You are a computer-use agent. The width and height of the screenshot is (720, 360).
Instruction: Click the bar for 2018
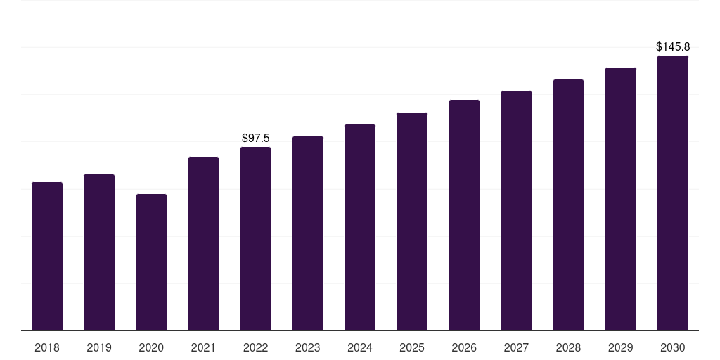[47, 256]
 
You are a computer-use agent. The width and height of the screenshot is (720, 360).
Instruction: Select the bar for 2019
[99, 252]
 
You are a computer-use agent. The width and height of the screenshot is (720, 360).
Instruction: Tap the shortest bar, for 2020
[152, 262]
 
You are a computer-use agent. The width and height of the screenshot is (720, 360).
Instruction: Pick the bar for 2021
[203, 244]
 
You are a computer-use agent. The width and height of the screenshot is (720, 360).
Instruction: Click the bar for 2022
[255, 239]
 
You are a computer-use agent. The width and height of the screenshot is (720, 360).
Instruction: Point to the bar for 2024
[360, 227]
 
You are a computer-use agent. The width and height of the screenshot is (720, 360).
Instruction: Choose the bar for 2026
[464, 215]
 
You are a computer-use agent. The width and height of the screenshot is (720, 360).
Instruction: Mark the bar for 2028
[568, 205]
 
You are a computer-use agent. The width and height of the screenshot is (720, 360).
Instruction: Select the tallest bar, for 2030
[673, 193]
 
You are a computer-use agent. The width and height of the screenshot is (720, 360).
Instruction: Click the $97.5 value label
[256, 139]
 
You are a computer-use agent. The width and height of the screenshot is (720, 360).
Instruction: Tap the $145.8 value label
[673, 47]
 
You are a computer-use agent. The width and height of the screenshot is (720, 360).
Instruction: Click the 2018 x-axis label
[47, 348]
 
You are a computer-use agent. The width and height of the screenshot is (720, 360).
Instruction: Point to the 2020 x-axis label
[151, 348]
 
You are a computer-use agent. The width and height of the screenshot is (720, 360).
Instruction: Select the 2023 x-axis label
[308, 348]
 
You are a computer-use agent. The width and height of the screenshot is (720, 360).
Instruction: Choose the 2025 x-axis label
[412, 348]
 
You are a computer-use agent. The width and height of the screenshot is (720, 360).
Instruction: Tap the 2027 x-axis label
[516, 348]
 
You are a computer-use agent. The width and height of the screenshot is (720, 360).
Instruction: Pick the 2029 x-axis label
[621, 348]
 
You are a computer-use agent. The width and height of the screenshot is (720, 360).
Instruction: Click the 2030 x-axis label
[673, 348]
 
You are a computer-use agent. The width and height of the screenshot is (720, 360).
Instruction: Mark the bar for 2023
[308, 233]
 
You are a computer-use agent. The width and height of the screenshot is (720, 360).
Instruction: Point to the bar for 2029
[621, 199]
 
